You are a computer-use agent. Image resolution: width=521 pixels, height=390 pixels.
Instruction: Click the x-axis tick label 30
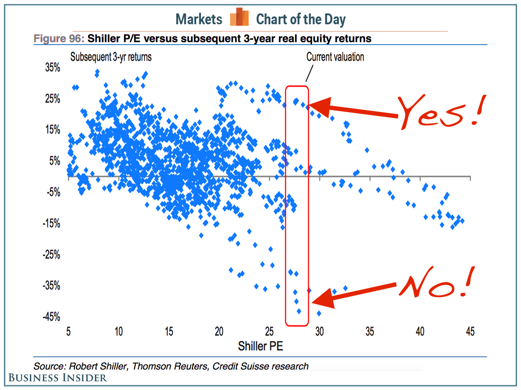pos(320,332)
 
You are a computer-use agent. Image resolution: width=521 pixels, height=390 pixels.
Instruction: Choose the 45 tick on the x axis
pos(470,332)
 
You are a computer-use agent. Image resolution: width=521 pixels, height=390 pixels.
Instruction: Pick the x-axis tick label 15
pos(168,332)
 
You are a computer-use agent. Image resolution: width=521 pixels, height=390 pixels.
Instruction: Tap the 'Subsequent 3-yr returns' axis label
pos(111,57)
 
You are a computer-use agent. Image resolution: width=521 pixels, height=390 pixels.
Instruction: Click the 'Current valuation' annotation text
pos(335,57)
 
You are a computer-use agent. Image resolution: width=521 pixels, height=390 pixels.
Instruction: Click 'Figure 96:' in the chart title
pos(59,39)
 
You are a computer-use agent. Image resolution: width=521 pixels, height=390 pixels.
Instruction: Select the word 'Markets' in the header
pos(199,19)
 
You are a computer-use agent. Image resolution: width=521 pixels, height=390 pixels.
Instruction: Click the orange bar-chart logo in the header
pos(239,17)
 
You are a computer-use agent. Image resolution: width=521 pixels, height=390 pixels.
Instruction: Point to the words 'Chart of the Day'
pos(301,19)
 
